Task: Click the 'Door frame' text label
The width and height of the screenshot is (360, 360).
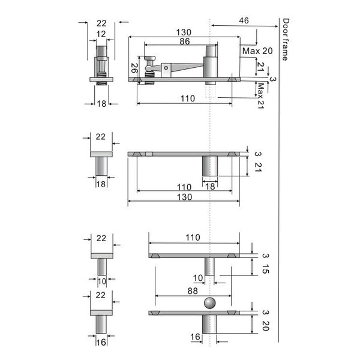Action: (x=286, y=40)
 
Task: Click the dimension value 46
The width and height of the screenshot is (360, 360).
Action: (x=244, y=20)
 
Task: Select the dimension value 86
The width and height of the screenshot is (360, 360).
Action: (x=185, y=41)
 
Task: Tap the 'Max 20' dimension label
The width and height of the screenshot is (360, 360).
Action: (x=257, y=51)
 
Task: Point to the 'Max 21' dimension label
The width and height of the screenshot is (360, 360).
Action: (x=261, y=96)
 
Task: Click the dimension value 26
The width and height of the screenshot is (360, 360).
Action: (x=134, y=68)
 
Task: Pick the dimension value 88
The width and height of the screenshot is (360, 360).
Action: (x=193, y=291)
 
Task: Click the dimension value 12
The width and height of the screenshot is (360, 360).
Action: (x=101, y=34)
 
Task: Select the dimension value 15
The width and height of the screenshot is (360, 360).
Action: (x=265, y=269)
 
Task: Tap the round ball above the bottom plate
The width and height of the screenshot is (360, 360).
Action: (x=210, y=303)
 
